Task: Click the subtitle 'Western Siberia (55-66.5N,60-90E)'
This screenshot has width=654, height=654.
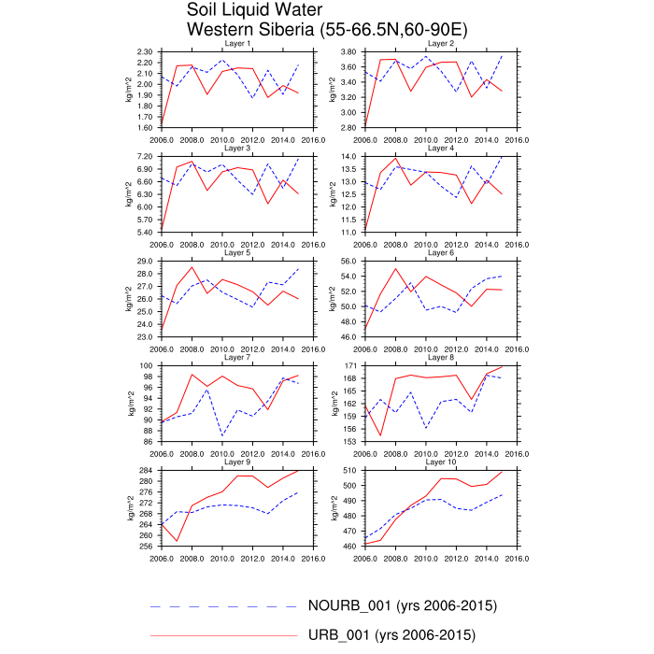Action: point(327,29)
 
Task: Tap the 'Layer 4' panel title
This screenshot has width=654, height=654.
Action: point(441,149)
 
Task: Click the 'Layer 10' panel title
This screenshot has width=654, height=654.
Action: point(441,462)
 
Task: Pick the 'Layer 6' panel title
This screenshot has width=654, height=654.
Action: point(441,253)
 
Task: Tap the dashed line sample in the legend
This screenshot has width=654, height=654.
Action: point(224,606)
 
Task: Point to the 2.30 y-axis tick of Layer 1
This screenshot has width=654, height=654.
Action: point(145,51)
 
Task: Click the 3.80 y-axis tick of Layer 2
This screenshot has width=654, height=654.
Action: point(350,51)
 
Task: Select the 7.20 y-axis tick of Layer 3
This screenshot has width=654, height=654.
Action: point(145,156)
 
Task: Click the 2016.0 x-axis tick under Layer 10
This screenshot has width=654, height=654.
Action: point(518,559)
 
